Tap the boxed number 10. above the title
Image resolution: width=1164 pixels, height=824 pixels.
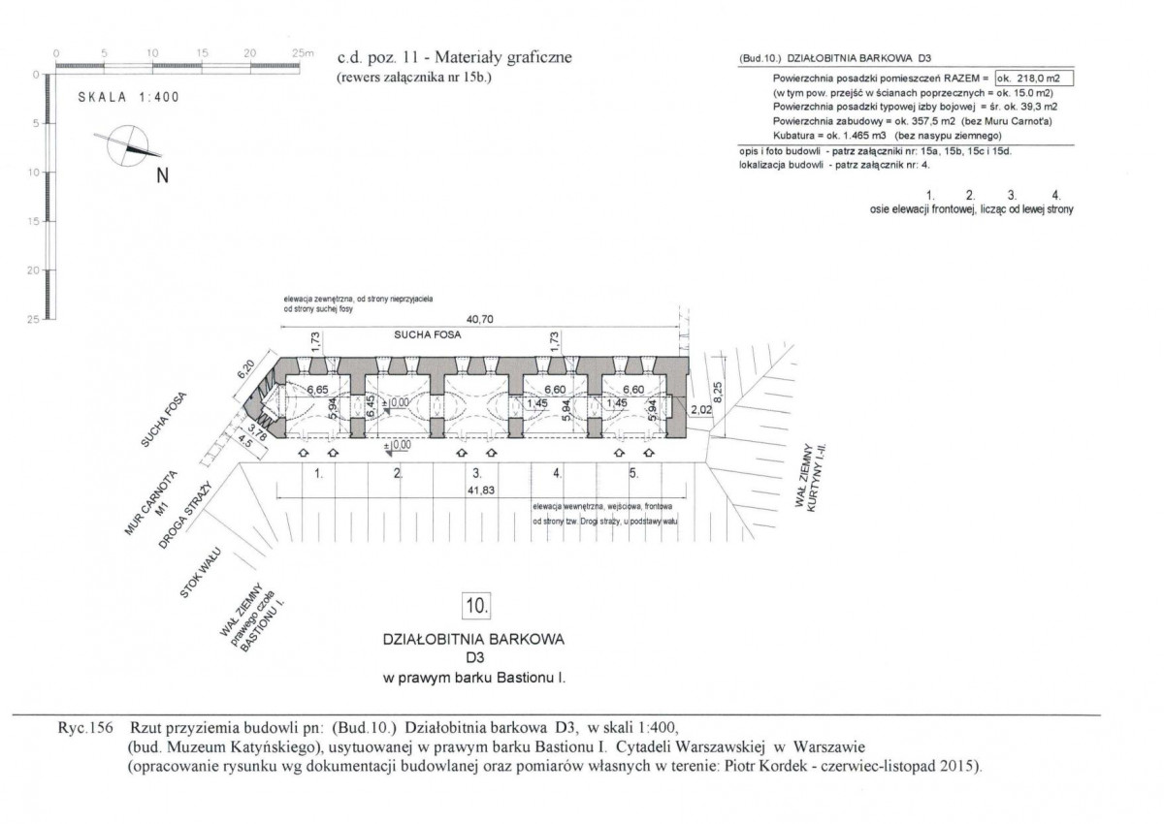(477, 606)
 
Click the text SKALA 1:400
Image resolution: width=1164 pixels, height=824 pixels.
(129, 98)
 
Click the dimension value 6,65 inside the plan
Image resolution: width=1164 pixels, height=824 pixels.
(317, 390)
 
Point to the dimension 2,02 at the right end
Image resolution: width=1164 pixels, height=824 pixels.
(699, 410)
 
